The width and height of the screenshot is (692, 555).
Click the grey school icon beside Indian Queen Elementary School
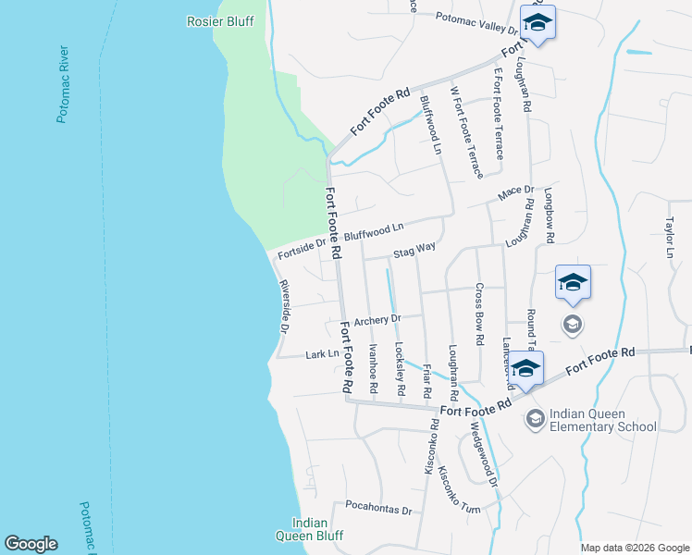[535, 419]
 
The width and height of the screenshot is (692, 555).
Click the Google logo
[31, 544]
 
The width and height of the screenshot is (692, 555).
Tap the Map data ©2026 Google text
[635, 547]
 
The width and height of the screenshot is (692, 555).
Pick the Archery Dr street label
[377, 320]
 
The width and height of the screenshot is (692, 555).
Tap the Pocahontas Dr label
[377, 507]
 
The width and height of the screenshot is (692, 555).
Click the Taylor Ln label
[670, 238]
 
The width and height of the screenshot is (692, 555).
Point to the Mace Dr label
[516, 192]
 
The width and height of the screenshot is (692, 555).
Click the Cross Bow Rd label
[480, 314]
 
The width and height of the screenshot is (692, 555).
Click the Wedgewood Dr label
[485, 455]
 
